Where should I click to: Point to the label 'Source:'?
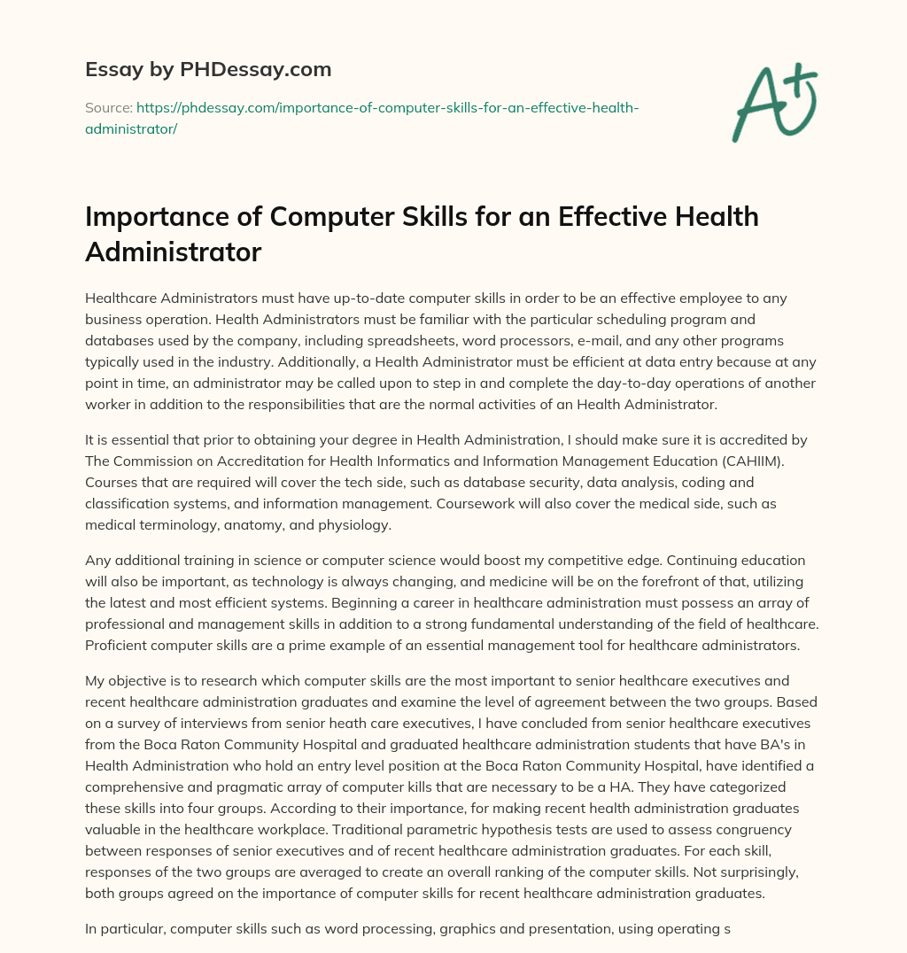(x=108, y=107)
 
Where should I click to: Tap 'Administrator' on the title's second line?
(x=173, y=252)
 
